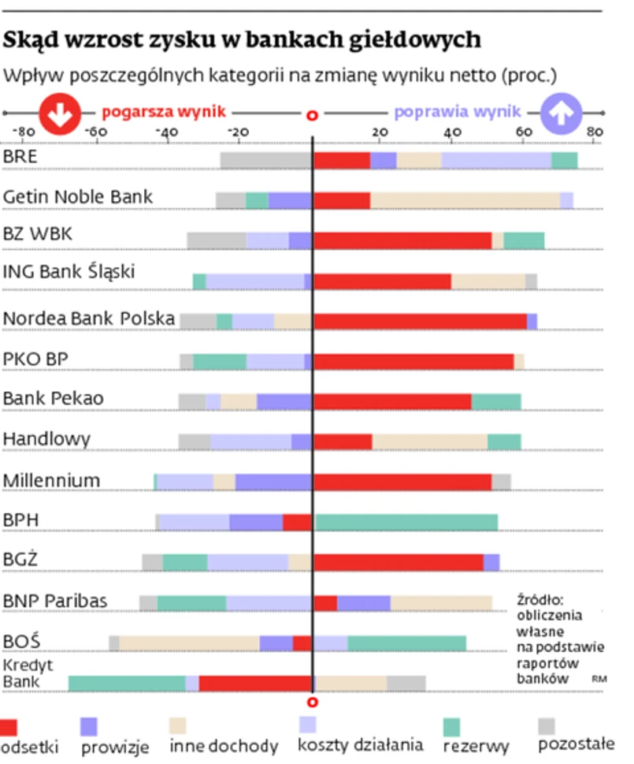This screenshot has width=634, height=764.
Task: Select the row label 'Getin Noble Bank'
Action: pyautogui.click(x=78, y=196)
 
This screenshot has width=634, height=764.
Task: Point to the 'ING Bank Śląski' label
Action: pyautogui.click(x=69, y=272)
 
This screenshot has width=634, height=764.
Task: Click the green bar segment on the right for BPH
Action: pyautogui.click(x=406, y=522)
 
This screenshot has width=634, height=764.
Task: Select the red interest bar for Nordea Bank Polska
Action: pyautogui.click(x=420, y=321)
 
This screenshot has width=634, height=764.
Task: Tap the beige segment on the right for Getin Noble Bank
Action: pyautogui.click(x=465, y=200)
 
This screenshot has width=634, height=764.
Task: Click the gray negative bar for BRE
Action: pyautogui.click(x=266, y=161)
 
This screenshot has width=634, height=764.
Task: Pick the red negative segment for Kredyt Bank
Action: pyautogui.click(x=255, y=683)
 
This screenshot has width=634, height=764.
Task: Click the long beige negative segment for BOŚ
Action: pyautogui.click(x=189, y=643)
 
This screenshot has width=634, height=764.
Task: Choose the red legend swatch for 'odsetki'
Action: pyautogui.click(x=9, y=727)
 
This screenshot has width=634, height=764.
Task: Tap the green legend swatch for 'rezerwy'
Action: pyautogui.click(x=451, y=727)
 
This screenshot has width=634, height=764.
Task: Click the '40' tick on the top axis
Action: pyautogui.click(x=452, y=132)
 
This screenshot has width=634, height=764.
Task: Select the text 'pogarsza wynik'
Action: pyautogui.click(x=164, y=112)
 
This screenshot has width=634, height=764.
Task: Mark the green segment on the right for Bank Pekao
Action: pyautogui.click(x=496, y=401)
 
